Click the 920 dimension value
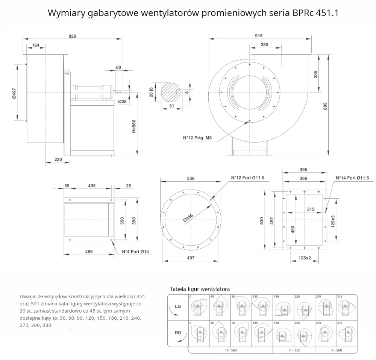coord(72,36)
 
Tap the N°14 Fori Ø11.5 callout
coord(352,178)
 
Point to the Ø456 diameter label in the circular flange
coord(188,218)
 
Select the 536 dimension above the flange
coord(191,178)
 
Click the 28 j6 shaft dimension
coord(151,92)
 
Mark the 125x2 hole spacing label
coord(305,258)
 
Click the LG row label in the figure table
coord(177,307)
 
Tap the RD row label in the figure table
coord(177,333)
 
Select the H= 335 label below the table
coord(293,350)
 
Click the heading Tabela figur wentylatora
coord(200,289)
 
